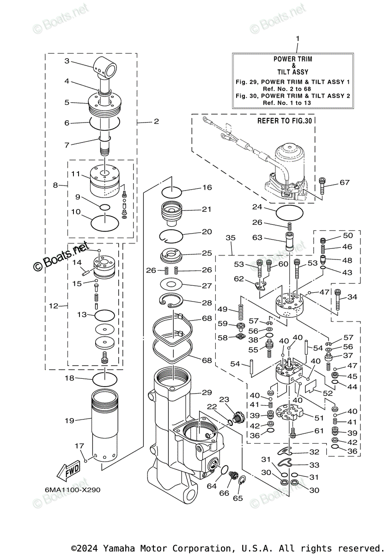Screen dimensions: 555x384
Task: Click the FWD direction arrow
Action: (67, 472)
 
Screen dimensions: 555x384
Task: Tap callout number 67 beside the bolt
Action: (344, 182)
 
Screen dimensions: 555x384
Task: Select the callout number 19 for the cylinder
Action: (69, 420)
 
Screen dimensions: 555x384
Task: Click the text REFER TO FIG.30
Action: (285, 121)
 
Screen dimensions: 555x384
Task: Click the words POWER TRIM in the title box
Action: (293, 59)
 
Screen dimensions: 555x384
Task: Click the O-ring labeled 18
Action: (105, 380)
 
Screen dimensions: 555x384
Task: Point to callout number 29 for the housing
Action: (206, 392)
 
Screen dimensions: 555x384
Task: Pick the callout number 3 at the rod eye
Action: (67, 61)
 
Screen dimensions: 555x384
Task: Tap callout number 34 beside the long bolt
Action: (352, 297)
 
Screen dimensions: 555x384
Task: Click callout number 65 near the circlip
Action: (237, 498)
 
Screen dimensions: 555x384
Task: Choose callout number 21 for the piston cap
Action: (206, 209)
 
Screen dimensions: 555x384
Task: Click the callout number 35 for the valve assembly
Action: (231, 238)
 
